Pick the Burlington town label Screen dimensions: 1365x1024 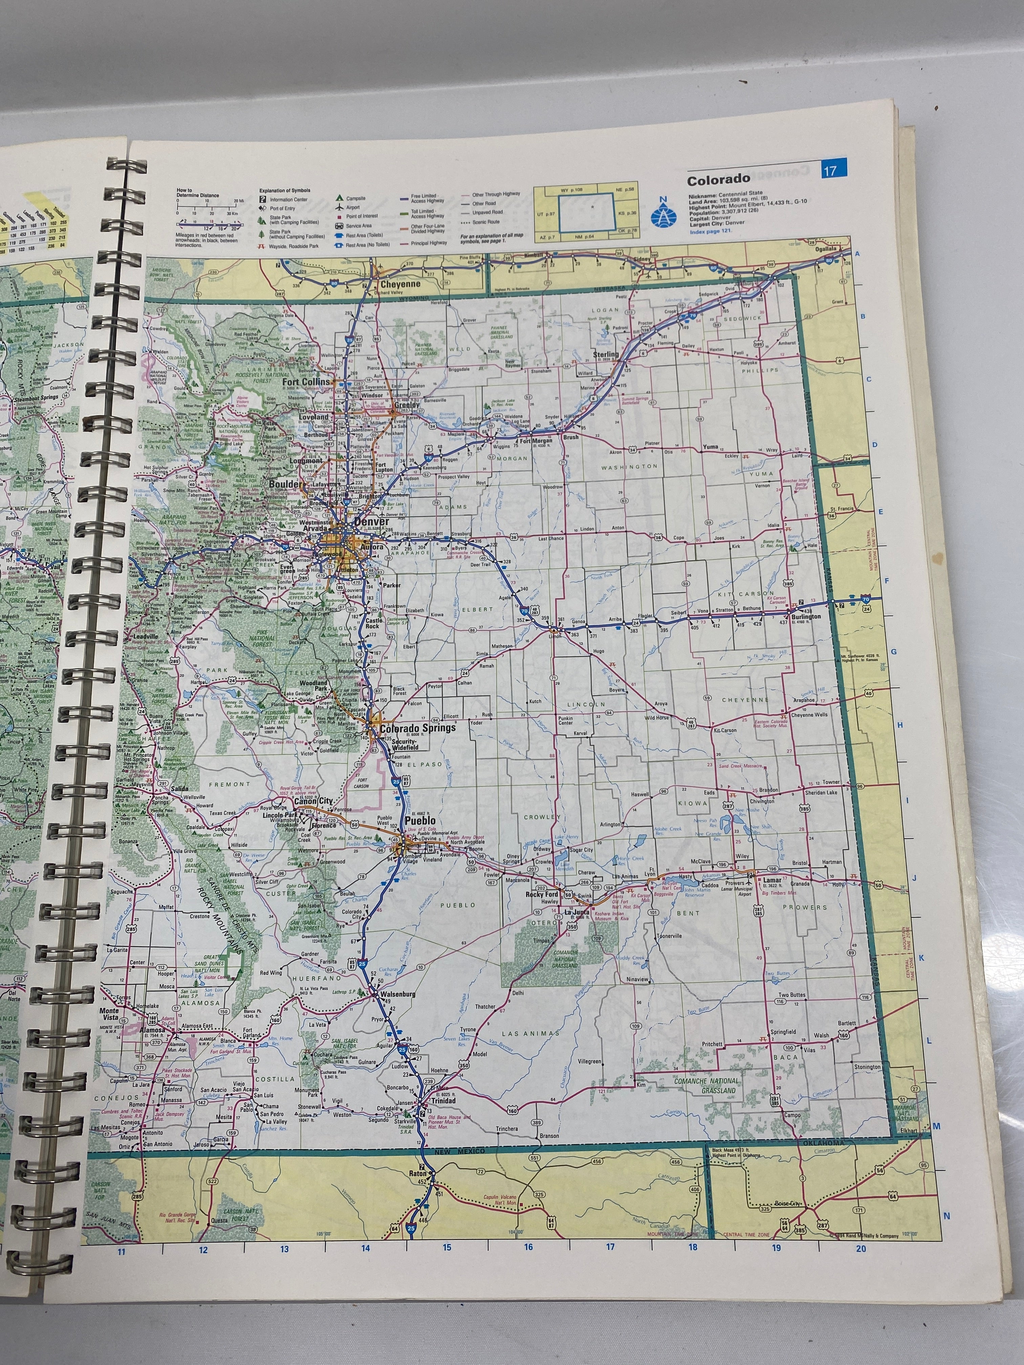[806, 616]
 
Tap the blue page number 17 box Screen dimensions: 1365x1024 [833, 169]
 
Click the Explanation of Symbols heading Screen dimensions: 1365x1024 [284, 191]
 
